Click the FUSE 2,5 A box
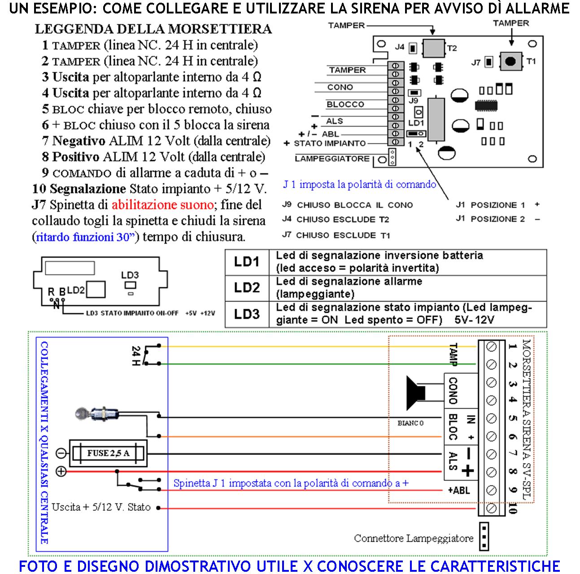point(108,453)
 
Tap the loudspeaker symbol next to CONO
point(416,393)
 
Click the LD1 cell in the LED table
point(247,262)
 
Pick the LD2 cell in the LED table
point(247,288)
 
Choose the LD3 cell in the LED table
point(247,314)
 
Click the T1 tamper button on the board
point(510,61)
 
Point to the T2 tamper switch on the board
point(433,48)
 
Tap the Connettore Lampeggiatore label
point(413,538)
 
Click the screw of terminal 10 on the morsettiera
point(491,508)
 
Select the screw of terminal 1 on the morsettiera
point(491,346)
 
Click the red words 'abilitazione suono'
point(162,205)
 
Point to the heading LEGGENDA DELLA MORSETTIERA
point(153,29)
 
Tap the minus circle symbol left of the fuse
point(61,453)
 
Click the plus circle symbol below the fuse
point(61,471)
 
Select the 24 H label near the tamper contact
point(136,355)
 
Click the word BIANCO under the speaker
point(410,423)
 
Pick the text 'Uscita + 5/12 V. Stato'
point(101,507)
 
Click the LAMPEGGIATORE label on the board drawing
point(332,158)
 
